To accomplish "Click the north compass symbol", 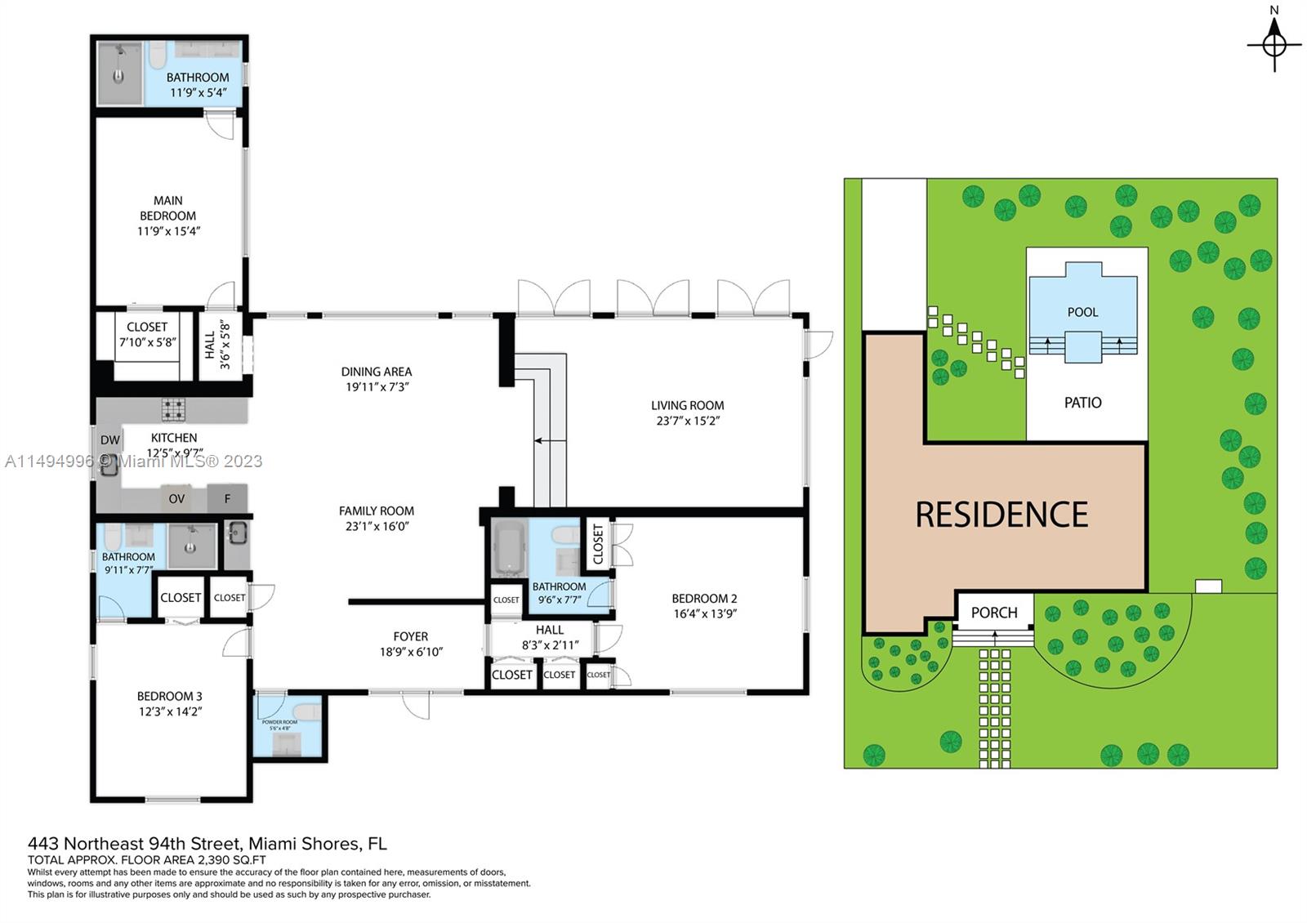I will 1274,43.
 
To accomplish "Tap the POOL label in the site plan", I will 1082,312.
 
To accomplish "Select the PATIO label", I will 1082,403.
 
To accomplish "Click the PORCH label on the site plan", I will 994,613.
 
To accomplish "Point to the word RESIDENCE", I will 1001,515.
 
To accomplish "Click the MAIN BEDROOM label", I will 167,208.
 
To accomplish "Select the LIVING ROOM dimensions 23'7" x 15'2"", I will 687,421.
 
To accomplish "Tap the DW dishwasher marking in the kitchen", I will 110,440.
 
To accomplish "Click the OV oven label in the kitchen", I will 176,498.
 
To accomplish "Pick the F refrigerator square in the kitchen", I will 227,498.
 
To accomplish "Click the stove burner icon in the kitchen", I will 173,408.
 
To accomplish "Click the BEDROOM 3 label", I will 169,696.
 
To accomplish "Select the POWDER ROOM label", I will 279,722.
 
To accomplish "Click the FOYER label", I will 410,636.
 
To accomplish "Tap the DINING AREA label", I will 376,372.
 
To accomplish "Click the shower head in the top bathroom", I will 119,51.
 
